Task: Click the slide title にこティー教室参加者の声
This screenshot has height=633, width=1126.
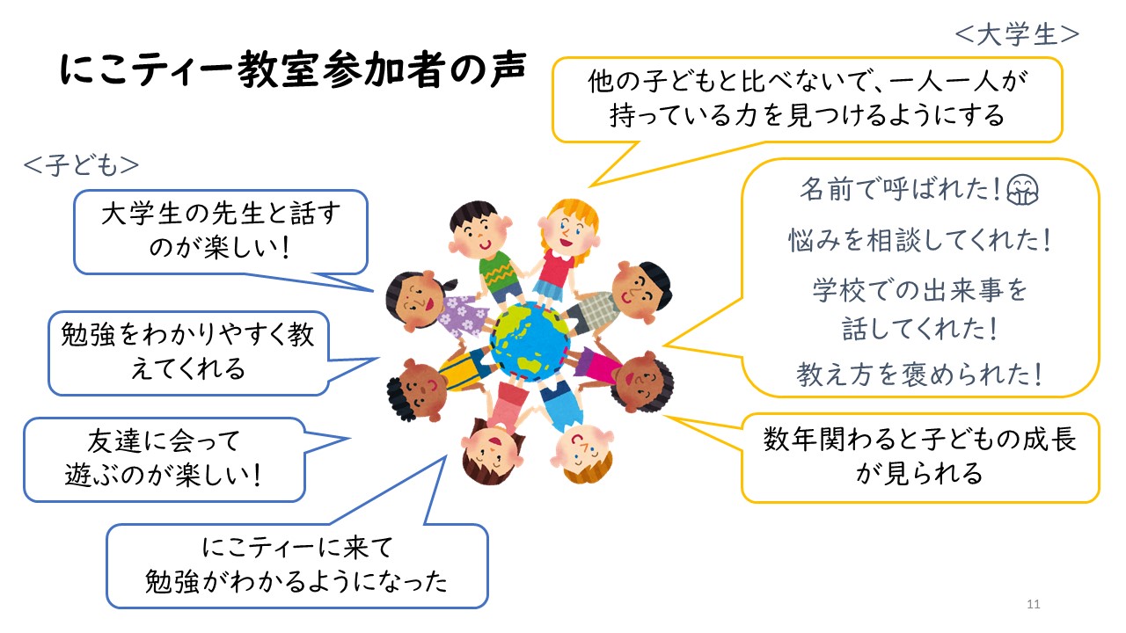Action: pyautogui.click(x=293, y=69)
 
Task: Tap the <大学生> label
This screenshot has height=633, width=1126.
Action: pyautogui.click(x=1017, y=34)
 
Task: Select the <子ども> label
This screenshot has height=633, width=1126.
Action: pyautogui.click(x=81, y=165)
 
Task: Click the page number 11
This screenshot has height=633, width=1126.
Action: pyautogui.click(x=1034, y=604)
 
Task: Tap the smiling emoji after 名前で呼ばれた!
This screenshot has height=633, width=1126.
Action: pyautogui.click(x=1022, y=189)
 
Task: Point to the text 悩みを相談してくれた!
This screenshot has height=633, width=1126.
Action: pyautogui.click(x=919, y=240)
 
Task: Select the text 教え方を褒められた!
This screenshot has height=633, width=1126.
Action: pyautogui.click(x=919, y=375)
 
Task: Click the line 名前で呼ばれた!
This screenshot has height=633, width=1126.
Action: pyautogui.click(x=901, y=189)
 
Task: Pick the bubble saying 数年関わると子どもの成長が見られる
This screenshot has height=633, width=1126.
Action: pyautogui.click(x=920, y=458)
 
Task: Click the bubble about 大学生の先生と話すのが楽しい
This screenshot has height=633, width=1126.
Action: pyautogui.click(x=221, y=231)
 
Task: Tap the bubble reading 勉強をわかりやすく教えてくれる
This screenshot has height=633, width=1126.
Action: pyautogui.click(x=188, y=353)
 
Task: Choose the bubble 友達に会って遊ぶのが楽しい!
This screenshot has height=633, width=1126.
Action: pyautogui.click(x=164, y=459)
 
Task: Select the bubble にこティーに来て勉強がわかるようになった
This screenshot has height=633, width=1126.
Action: pyautogui.click(x=296, y=565)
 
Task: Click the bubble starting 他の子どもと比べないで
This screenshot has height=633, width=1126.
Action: pyautogui.click(x=808, y=99)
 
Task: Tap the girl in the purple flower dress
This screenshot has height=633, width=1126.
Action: pyautogui.click(x=436, y=305)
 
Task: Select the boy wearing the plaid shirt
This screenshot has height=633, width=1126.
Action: pyautogui.click(x=624, y=298)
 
